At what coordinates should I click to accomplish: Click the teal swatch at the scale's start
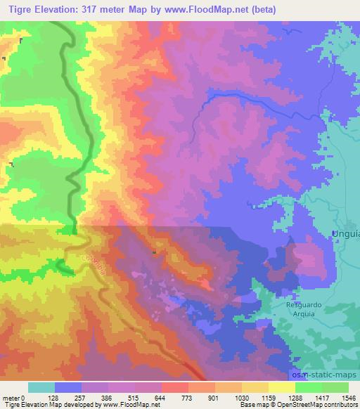[x=41, y=387]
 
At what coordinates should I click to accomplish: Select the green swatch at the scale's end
[x=335, y=387]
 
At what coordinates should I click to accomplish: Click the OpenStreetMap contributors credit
[x=317, y=405]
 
